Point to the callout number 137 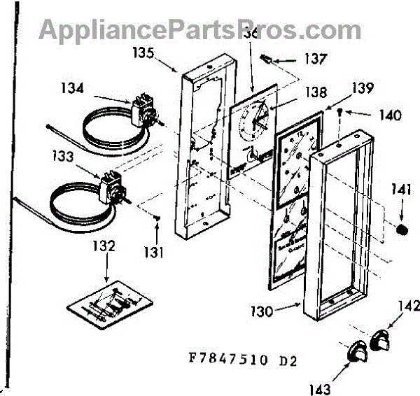pos(314,59)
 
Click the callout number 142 pos(402,306)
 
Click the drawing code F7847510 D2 pos(238,361)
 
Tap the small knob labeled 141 pos(402,229)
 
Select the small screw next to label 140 pos(339,111)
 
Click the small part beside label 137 pos(267,57)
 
